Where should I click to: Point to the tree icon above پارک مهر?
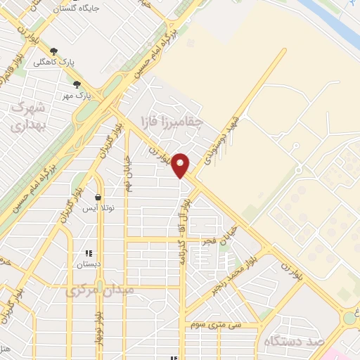[77, 84]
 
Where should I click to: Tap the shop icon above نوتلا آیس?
[97, 197]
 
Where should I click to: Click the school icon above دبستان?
[89, 253]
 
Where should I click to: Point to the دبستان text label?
[89, 264]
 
